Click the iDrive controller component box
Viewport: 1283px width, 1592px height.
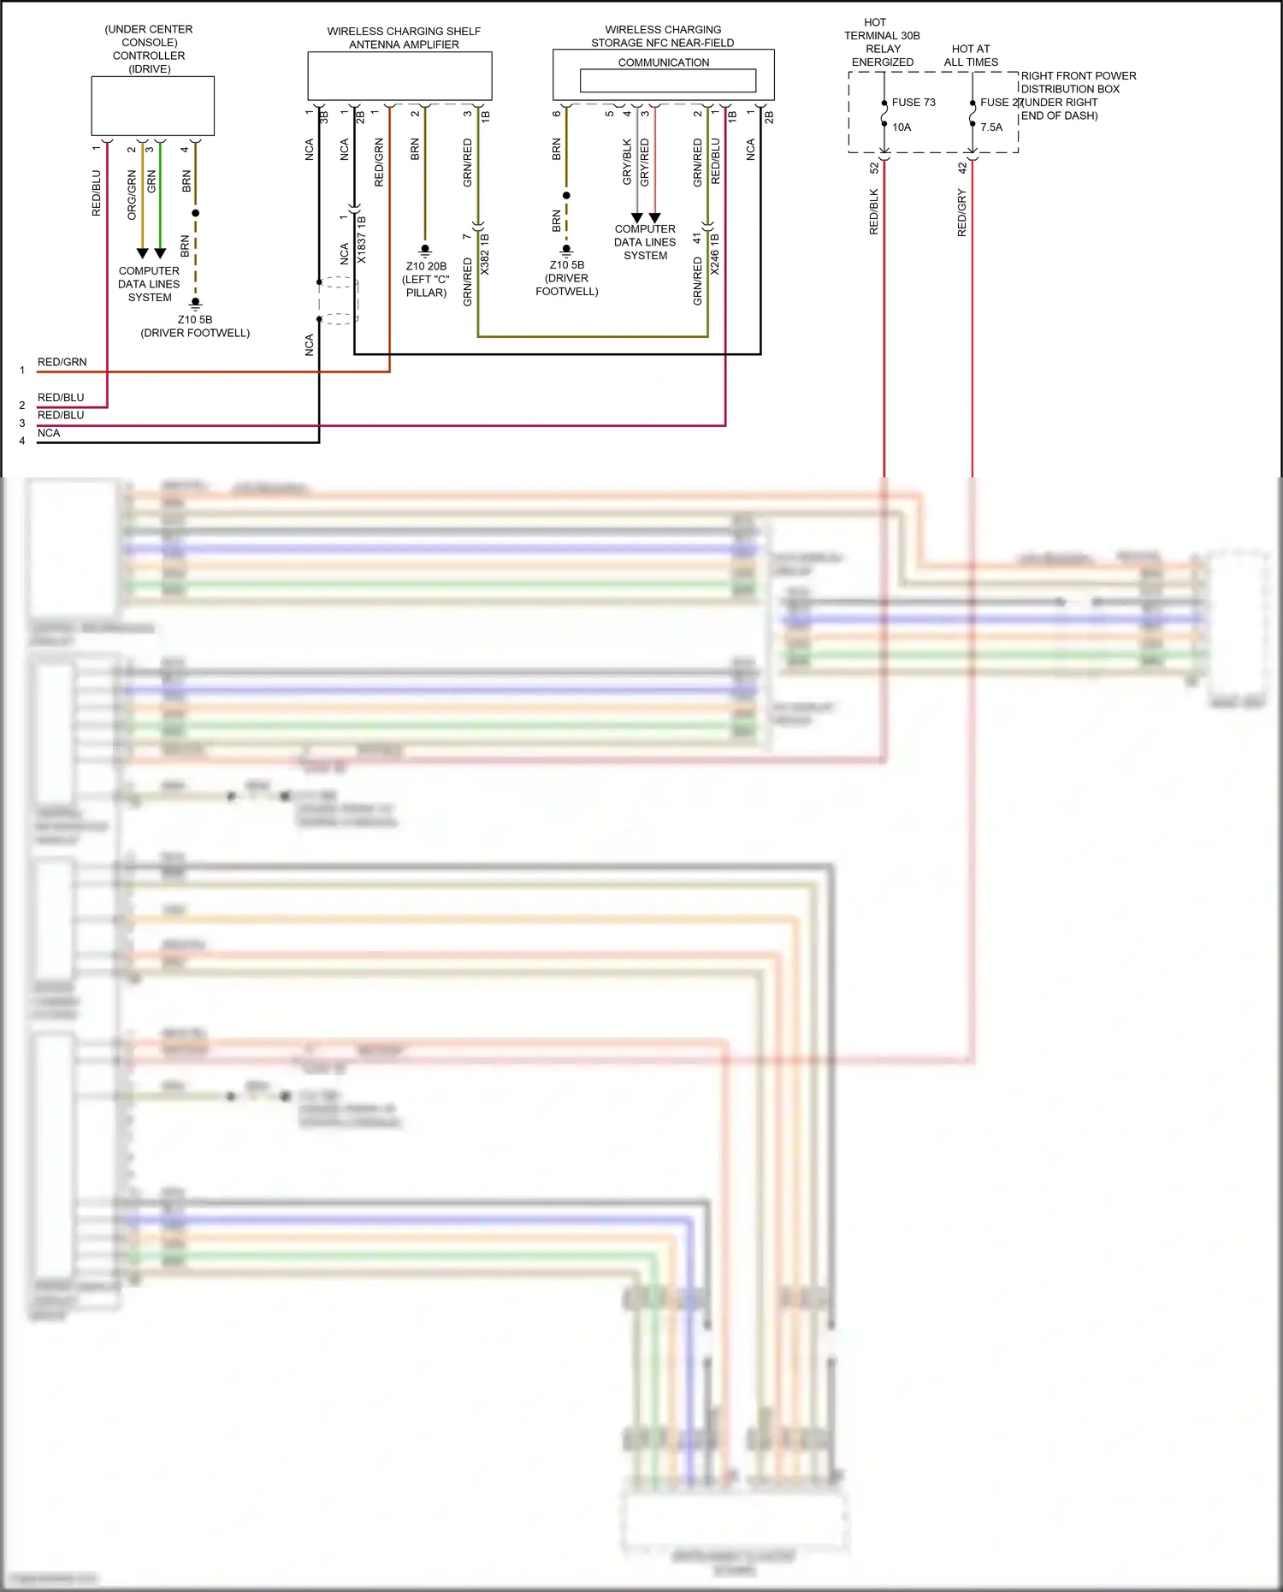[152, 106]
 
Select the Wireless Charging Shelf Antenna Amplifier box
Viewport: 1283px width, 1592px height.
[399, 76]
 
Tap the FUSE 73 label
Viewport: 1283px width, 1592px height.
[913, 103]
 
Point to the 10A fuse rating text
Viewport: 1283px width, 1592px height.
[902, 127]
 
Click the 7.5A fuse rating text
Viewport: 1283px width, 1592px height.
[991, 127]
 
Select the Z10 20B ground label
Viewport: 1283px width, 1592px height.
[426, 266]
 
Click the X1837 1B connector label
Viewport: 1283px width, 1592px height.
[362, 240]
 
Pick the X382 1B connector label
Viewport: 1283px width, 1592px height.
[485, 253]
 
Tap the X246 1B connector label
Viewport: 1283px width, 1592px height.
[715, 254]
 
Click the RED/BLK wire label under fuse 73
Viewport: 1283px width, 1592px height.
[873, 212]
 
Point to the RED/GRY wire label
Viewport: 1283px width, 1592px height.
[961, 214]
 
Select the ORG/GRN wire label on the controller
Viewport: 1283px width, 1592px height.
[132, 195]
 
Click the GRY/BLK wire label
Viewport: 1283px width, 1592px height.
[627, 163]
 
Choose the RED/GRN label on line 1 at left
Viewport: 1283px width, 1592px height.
[62, 362]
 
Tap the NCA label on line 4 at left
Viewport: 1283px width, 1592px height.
[49, 433]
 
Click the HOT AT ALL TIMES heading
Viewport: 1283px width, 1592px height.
[971, 56]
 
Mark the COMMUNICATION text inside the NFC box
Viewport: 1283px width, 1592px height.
[664, 62]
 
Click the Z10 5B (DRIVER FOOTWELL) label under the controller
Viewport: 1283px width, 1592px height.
[195, 326]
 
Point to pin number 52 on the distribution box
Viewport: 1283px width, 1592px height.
[873, 169]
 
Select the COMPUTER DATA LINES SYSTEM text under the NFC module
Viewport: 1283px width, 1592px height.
[645, 242]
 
